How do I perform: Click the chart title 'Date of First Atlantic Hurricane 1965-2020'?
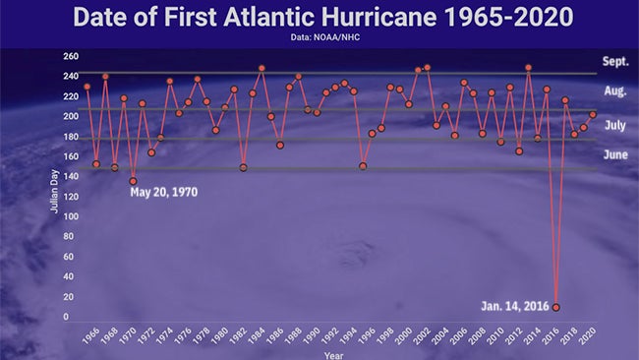[x=319, y=18]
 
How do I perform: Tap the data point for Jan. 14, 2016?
[x=556, y=308]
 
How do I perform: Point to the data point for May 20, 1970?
[x=134, y=181]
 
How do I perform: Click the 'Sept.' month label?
[x=615, y=61]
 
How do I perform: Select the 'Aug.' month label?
[x=615, y=91]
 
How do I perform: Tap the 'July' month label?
[x=615, y=125]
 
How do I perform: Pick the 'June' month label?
[x=615, y=154]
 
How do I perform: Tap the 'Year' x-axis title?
[x=334, y=353]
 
